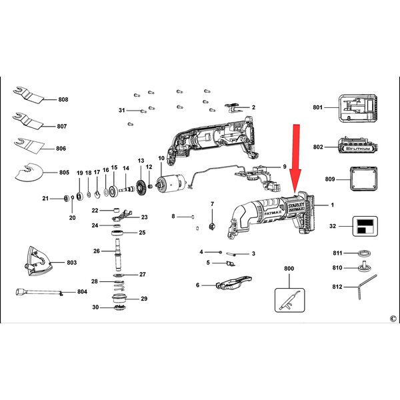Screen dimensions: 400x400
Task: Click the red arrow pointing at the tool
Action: click(296, 158)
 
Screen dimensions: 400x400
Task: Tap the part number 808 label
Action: click(63, 99)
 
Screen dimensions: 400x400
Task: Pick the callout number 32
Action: click(333, 226)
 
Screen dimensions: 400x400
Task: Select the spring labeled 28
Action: click(119, 286)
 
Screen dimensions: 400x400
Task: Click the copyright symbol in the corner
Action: click(393, 319)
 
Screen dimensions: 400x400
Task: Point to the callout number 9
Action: click(285, 167)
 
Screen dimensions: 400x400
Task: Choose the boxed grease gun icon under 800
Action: click(289, 300)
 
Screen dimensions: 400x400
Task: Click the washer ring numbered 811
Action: click(364, 253)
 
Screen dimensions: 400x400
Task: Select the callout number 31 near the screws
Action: click(122, 110)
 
